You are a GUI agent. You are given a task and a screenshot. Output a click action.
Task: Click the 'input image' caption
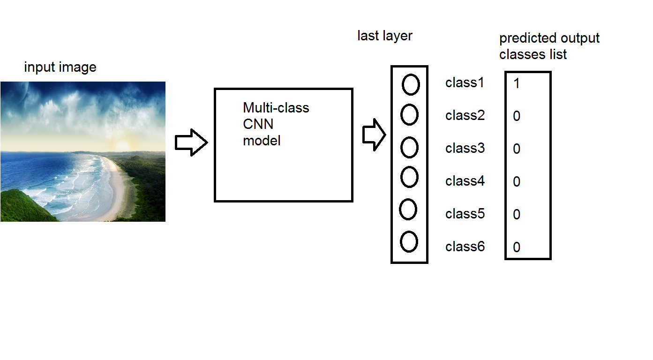click(x=60, y=67)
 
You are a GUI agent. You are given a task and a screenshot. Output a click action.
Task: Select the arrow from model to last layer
click(x=374, y=135)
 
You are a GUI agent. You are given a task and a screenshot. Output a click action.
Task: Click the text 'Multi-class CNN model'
click(x=276, y=124)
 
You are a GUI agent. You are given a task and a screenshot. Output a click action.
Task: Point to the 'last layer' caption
click(x=385, y=36)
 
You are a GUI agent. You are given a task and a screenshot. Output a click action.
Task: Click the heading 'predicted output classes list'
click(x=549, y=46)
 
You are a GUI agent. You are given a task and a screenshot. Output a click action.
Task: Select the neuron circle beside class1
click(x=411, y=85)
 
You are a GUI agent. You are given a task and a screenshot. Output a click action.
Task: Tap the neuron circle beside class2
click(x=409, y=115)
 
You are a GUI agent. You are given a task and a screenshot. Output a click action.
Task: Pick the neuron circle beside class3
click(x=409, y=148)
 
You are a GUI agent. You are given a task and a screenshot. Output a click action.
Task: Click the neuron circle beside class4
click(x=409, y=177)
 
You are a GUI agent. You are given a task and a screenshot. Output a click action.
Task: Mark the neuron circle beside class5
click(x=408, y=210)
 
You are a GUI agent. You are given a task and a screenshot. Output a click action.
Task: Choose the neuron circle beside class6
click(x=409, y=241)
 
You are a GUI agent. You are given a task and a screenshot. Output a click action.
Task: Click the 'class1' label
click(x=465, y=83)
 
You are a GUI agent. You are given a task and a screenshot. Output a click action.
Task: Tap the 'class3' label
click(x=465, y=149)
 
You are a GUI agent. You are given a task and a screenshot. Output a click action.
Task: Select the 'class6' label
click(x=465, y=247)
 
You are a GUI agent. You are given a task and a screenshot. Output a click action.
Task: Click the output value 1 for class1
click(x=517, y=84)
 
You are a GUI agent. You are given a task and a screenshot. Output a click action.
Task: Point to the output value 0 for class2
click(x=517, y=116)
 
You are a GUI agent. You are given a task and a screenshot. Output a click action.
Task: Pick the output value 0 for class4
click(x=517, y=182)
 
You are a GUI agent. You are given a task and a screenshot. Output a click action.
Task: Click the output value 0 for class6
click(x=517, y=247)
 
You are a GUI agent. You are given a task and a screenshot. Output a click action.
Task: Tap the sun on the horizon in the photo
click(x=121, y=144)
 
